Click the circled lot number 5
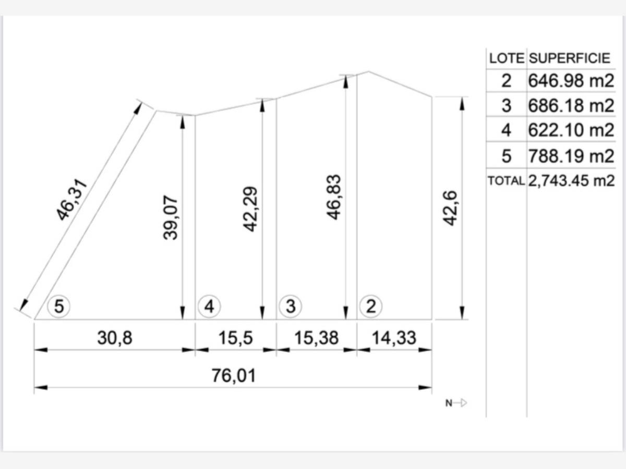[59, 306]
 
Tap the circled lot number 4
[209, 306]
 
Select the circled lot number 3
[291, 306]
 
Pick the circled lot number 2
[371, 306]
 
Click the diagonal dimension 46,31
[71, 200]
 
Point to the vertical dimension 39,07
[171, 217]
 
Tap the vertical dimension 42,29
[250, 209]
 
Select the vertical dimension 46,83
[333, 197]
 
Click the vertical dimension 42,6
[450, 208]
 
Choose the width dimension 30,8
[115, 338]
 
